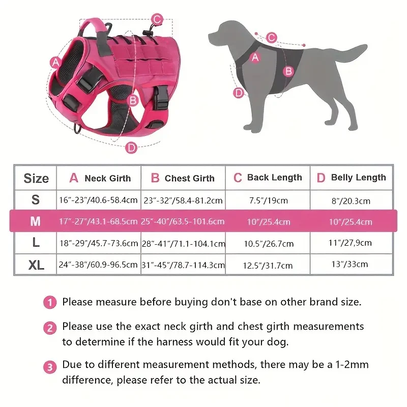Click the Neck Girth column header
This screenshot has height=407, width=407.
pyautogui.click(x=100, y=178)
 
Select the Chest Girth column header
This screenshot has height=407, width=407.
pyautogui.click(x=183, y=178)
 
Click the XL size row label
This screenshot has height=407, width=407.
pyautogui.click(x=35, y=265)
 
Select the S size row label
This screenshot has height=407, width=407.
pyautogui.click(x=35, y=200)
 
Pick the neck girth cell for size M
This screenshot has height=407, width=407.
pyautogui.click(x=98, y=222)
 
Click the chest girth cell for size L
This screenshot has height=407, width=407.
pyautogui.click(x=183, y=244)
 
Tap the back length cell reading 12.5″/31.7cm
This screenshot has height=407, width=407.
pyautogui.click(x=268, y=266)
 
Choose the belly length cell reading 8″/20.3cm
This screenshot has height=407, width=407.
pyautogui.click(x=351, y=201)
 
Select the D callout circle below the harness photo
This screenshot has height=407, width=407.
pyautogui.click(x=131, y=148)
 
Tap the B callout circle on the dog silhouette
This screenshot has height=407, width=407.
pyautogui.click(x=288, y=71)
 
